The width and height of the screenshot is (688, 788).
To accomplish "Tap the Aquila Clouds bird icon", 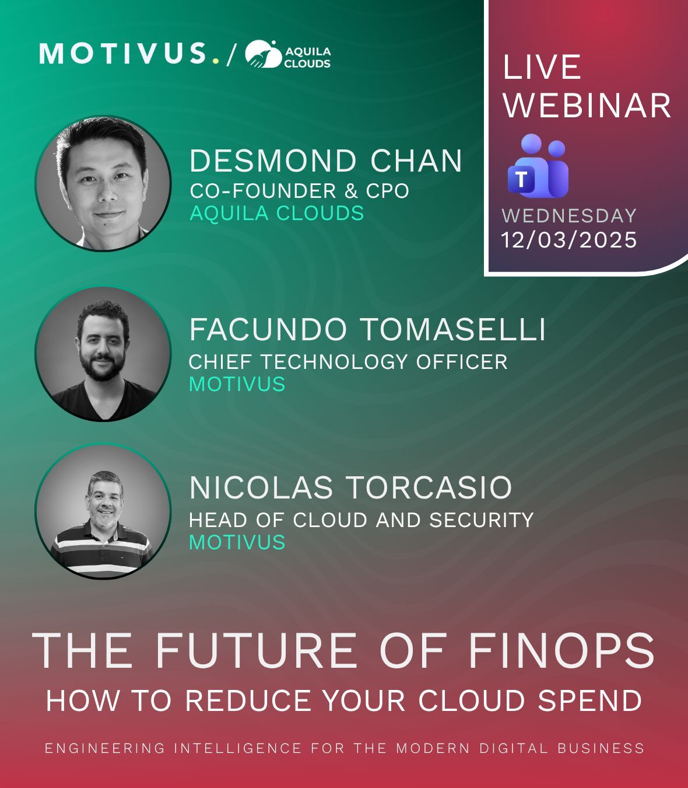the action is coord(264,54).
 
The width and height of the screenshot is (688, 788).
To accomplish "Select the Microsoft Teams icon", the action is coord(538,166).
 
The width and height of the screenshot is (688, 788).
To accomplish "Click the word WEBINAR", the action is coord(587,106).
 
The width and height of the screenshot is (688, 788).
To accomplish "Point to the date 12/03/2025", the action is coord(569,240).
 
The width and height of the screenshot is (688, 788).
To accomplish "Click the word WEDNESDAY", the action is coord(569,216).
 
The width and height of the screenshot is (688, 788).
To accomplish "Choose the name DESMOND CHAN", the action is coord(326,161).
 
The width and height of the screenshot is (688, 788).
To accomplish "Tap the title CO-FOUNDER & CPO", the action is coord(299,191).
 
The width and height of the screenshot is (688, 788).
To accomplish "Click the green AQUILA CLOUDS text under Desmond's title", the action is coord(277,214).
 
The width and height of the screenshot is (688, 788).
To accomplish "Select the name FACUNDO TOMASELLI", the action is coord(367,329).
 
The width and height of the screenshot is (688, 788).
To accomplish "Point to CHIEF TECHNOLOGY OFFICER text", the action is coord(348,362).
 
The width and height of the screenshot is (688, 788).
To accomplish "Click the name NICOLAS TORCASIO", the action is coord(350,487).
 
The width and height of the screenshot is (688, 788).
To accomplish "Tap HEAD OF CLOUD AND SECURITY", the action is coord(361,520).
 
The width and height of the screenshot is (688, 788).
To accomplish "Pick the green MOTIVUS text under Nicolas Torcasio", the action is coord(237,542).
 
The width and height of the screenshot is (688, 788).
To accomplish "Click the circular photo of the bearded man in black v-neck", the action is coord(103,354).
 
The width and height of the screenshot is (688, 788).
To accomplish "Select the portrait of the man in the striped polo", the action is coord(103,511).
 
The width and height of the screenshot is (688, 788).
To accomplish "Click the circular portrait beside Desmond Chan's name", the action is coord(103,183).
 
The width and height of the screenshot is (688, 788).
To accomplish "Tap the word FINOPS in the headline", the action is coord(561,650).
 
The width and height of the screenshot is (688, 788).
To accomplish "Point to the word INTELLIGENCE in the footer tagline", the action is coord(238,748).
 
